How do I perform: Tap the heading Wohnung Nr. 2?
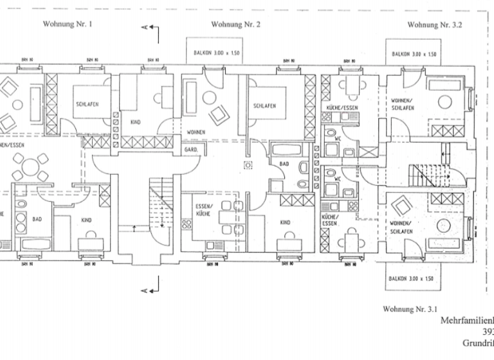tap(235, 24)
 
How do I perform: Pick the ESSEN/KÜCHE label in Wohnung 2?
tap(205, 210)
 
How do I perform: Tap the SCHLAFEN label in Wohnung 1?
tap(86, 104)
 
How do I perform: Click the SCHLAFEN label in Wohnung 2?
tap(264, 106)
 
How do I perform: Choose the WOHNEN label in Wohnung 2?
tap(196, 132)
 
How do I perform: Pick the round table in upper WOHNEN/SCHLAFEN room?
tap(443, 101)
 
